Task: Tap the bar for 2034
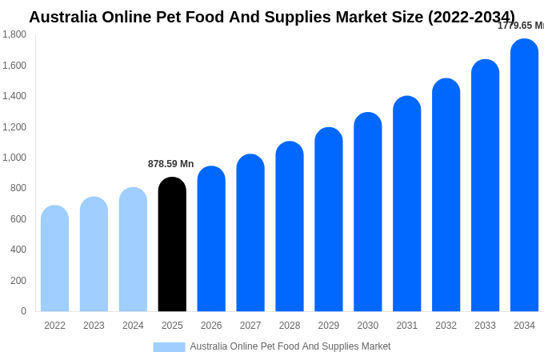coord(524,175)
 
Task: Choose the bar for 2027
coord(250,233)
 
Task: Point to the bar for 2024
coord(133,250)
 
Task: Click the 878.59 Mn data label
coord(170,164)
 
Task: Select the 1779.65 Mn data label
coord(520,26)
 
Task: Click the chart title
coord(272,17)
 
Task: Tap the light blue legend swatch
coord(169,347)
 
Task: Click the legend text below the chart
coord(290,346)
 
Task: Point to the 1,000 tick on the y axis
coord(14,158)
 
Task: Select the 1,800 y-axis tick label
coord(14,34)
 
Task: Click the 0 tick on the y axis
coord(23,311)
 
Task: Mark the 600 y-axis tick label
coord(17,219)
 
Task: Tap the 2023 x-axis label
coord(94,326)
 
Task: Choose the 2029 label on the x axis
coord(329,326)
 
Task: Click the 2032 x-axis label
coord(446,326)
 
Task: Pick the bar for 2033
coord(485,186)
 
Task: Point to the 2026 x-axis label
coord(211,326)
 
